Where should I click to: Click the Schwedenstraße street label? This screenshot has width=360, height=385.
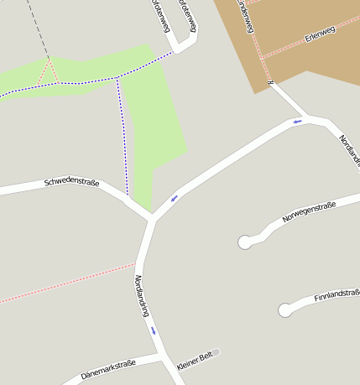71,182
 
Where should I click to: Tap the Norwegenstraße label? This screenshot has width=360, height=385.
309,212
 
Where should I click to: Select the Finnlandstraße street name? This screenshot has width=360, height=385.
337,296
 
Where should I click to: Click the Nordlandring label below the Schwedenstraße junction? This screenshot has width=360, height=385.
141,295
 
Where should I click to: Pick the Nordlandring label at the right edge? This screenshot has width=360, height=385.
349,148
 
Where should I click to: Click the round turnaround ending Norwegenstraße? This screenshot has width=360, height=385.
245,242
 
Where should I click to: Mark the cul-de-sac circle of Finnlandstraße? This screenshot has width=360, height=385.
285,310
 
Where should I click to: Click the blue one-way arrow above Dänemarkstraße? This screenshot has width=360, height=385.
153,330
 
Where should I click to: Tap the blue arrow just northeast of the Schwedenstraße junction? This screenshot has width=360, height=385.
175,198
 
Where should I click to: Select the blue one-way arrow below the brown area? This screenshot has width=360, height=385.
296,122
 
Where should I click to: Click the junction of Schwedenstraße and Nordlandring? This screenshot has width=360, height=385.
151,220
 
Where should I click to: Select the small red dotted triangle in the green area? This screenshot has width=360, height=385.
50,74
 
